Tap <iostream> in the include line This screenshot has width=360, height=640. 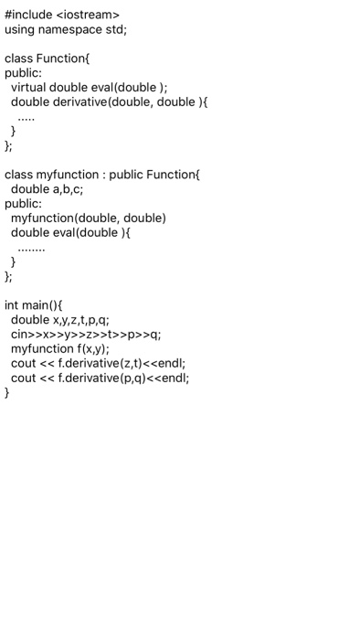point(89,15)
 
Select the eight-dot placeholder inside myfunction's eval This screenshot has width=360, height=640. point(30,248)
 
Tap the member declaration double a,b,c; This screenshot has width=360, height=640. point(47,189)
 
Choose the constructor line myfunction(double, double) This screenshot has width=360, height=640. point(88,219)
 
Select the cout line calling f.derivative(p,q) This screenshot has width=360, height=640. point(100,379)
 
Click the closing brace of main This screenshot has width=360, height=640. point(7,393)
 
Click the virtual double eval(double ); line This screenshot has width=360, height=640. point(89,88)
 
